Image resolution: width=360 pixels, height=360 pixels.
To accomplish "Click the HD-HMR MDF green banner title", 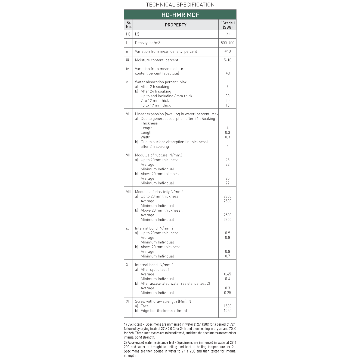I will coord(180,15).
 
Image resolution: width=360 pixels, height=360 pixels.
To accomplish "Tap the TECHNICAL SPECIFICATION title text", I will coord(180,5).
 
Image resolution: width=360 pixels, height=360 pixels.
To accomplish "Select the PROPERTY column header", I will coord(175,25).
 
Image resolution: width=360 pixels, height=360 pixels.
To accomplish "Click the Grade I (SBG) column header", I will coord(227,25).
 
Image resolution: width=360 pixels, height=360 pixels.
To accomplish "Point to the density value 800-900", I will coord(227,43).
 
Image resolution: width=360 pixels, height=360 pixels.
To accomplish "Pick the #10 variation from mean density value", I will coord(227,51).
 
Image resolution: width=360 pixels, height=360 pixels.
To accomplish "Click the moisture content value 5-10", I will coord(227,60).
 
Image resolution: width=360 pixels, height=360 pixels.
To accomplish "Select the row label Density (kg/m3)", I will coord(148,43).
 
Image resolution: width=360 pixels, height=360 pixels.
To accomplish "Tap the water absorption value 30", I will coord(227,96).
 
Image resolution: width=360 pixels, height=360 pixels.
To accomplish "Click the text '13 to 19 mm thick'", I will coord(155,105).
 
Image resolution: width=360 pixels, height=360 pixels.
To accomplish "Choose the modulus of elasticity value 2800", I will coord(227,196).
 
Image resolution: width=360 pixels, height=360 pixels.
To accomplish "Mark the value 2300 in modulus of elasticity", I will coord(227,220).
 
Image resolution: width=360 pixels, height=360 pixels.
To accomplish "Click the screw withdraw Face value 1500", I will coord(227,306).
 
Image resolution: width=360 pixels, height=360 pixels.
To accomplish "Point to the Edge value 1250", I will coord(227,311).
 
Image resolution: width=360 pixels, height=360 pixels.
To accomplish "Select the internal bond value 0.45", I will coord(227,274).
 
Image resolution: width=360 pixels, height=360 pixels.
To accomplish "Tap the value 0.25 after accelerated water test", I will coord(227,293).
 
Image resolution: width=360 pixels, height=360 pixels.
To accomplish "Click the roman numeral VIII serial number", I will coord(129,192).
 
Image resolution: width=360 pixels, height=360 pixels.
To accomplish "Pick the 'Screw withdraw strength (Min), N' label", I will coord(163,301).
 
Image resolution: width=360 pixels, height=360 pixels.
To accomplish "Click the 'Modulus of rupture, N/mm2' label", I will coord(159,155).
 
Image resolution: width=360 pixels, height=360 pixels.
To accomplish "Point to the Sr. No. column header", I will coord(129,25).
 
